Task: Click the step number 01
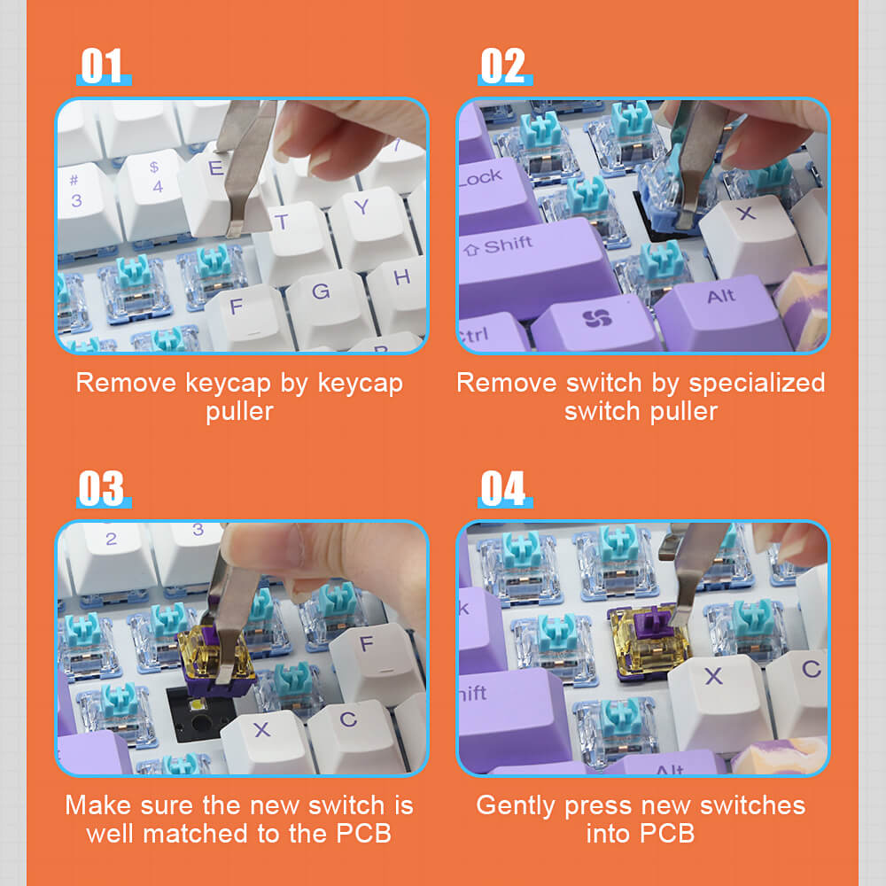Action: tap(103, 66)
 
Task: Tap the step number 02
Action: tap(503, 66)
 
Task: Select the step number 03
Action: tap(103, 489)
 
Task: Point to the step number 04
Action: tap(503, 489)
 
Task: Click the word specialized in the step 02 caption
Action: tap(758, 383)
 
